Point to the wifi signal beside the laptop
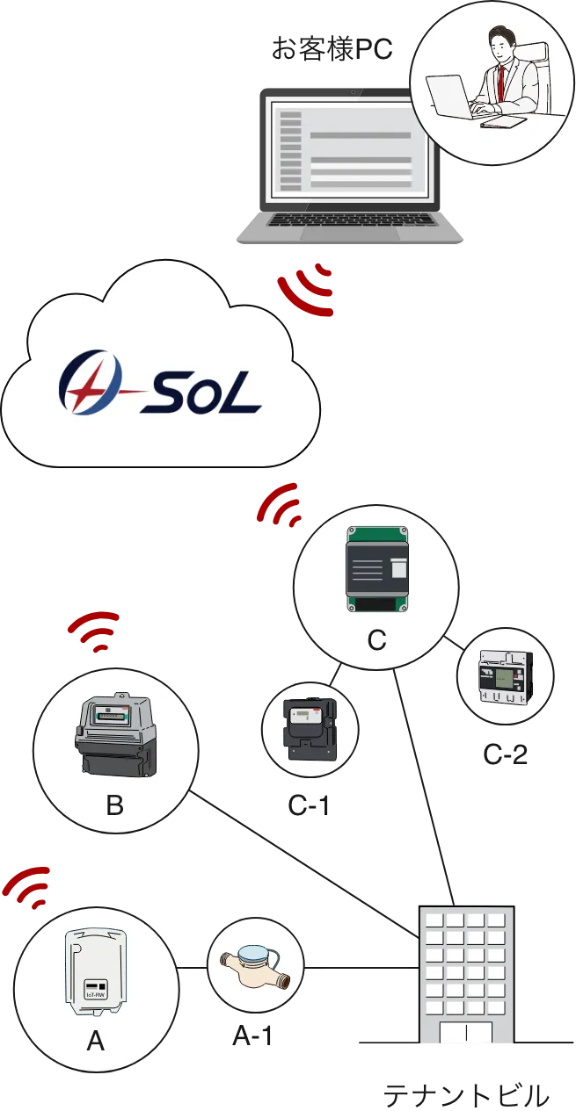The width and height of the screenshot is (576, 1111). point(308,288)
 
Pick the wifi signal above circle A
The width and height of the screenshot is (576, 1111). point(28,886)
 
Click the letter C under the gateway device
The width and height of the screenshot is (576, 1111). point(376,641)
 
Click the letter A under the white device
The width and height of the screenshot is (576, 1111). point(96,1042)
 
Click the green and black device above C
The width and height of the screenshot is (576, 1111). point(376,570)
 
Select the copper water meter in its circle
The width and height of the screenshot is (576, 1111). point(255,964)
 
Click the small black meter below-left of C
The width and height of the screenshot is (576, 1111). point(308,725)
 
